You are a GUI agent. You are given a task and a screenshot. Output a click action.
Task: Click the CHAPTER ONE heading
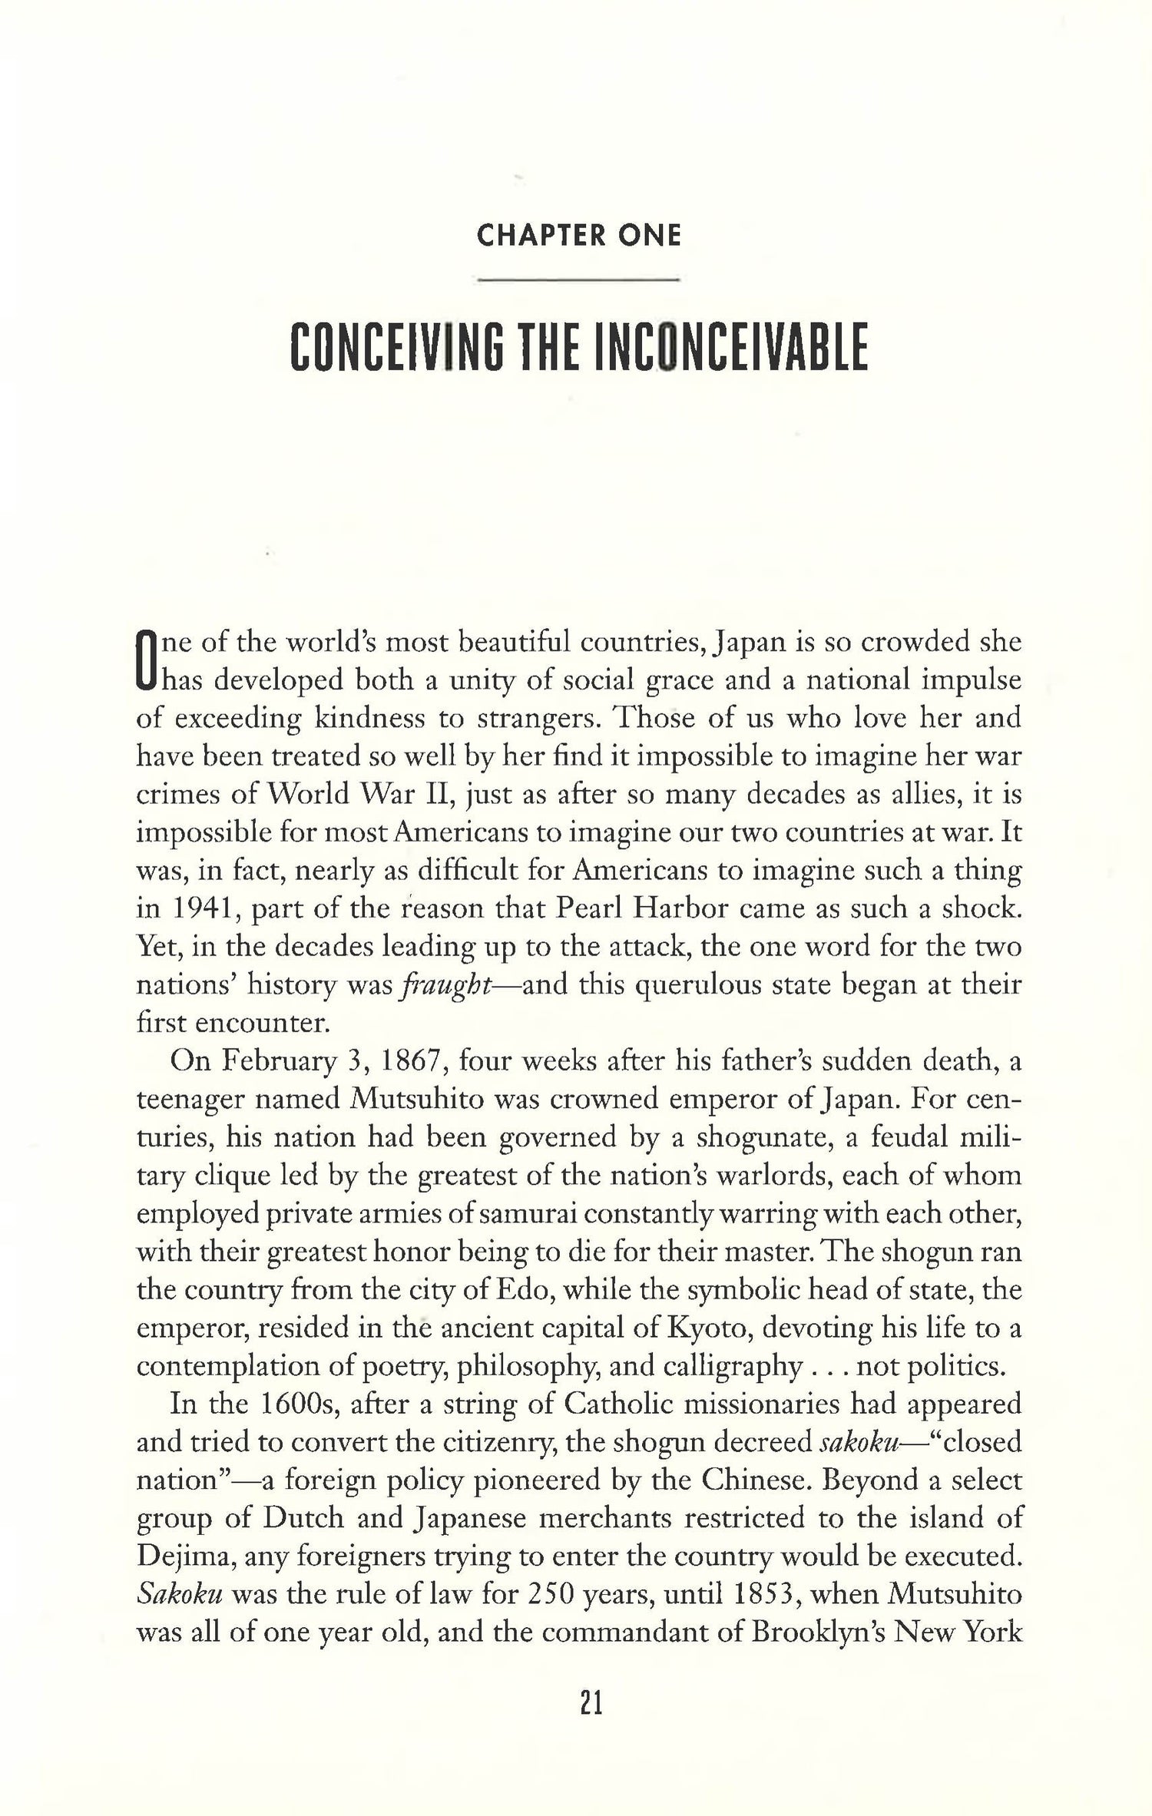[x=578, y=236]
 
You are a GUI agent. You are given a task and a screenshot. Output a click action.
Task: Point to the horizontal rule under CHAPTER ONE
[x=578, y=280]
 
